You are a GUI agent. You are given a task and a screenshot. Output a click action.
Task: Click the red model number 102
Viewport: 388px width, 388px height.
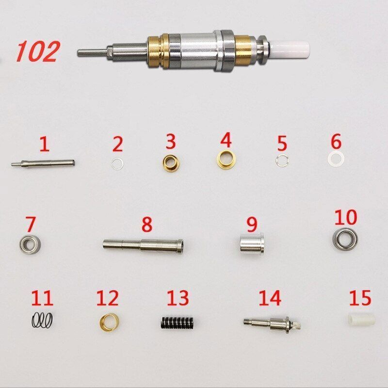point(38,51)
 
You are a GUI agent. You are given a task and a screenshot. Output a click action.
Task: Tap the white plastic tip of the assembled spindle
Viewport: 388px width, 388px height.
point(290,49)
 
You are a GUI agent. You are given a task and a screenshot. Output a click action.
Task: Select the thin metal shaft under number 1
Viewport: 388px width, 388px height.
point(43,163)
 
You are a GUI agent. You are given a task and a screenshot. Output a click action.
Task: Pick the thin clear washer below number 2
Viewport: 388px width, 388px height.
point(117,164)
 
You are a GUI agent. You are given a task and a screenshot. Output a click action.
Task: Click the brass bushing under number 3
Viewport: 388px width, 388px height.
point(171,163)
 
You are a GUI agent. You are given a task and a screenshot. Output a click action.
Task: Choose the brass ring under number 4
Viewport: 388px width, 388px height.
point(226,160)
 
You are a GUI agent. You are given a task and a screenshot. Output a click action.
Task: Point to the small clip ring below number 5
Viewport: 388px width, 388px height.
point(281,161)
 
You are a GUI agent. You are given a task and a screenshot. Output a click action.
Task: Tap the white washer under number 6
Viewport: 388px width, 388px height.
point(336,159)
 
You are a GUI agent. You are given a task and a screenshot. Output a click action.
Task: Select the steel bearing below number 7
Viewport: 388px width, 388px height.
point(30,244)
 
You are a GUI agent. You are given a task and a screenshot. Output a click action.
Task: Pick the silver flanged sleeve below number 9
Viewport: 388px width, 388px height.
point(252,243)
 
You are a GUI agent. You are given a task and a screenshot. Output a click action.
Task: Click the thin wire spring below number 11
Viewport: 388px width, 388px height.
point(42,320)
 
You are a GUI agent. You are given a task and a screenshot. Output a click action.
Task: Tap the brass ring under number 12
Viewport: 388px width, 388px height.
point(109,322)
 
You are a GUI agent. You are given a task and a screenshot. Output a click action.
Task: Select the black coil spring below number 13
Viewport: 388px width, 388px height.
point(177,323)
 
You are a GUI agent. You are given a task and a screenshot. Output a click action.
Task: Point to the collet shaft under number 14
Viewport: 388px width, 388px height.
point(272,324)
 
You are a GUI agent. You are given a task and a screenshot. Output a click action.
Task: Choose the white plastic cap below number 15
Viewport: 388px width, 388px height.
point(361,320)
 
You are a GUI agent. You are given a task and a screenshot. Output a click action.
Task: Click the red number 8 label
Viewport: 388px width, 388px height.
point(147,224)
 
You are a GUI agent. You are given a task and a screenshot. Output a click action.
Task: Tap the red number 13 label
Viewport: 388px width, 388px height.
point(178,298)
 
